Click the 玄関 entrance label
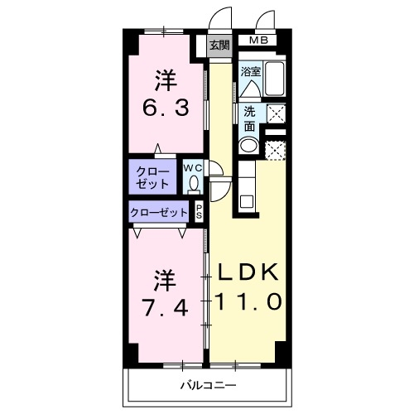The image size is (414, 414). (x=219, y=45)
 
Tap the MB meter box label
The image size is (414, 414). (x=258, y=41)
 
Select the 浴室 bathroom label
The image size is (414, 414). (x=251, y=72)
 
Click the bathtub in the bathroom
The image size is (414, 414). (x=274, y=79)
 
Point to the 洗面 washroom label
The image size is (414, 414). (x=249, y=119)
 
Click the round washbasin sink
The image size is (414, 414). (x=248, y=145)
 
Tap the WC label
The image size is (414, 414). (x=193, y=168)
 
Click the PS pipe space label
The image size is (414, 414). (x=199, y=211)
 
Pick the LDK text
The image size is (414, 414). (x=248, y=272)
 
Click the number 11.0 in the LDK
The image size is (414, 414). (x=248, y=301)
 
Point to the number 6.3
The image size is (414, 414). (x=166, y=108)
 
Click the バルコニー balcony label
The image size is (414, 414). (x=209, y=385)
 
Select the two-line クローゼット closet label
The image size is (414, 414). (x=152, y=178)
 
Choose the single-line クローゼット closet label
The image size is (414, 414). (x=159, y=213)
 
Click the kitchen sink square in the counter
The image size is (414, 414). (x=247, y=202)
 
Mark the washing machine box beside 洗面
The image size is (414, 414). (x=276, y=113)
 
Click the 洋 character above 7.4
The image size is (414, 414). (x=165, y=281)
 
